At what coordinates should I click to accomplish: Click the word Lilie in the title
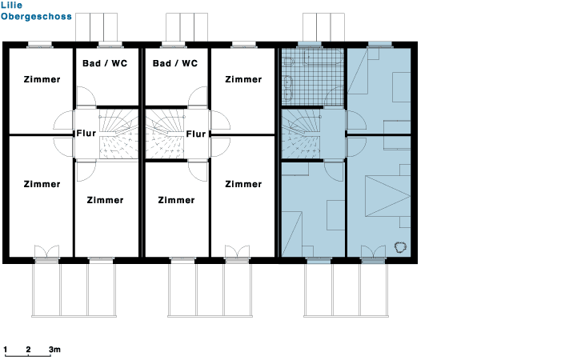click(x=11, y=5)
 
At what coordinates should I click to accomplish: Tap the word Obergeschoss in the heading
click(x=36, y=17)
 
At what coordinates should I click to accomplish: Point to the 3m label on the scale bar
click(x=54, y=350)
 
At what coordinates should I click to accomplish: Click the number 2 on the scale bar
click(x=28, y=350)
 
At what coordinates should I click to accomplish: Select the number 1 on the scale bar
click(x=6, y=350)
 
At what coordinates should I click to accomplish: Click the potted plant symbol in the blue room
click(x=400, y=247)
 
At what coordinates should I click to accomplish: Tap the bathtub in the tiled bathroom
click(x=323, y=57)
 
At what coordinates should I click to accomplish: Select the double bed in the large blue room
click(x=387, y=196)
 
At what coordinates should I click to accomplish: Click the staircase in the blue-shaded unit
click(x=301, y=134)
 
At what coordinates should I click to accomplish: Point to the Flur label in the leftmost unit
click(x=86, y=134)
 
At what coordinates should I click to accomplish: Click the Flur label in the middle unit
click(x=196, y=134)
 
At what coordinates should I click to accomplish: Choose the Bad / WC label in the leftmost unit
click(x=105, y=63)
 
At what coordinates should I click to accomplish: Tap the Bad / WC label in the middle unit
click(x=175, y=63)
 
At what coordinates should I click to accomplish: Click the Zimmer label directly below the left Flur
click(x=105, y=200)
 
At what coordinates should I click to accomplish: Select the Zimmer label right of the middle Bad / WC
click(x=243, y=79)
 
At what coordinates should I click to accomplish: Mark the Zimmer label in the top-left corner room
click(x=42, y=79)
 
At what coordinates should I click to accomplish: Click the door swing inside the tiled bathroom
click(x=335, y=96)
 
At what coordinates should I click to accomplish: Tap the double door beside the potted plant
click(x=373, y=251)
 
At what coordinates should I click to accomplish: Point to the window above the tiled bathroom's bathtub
click(x=310, y=44)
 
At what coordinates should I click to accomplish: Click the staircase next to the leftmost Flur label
click(x=118, y=134)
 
